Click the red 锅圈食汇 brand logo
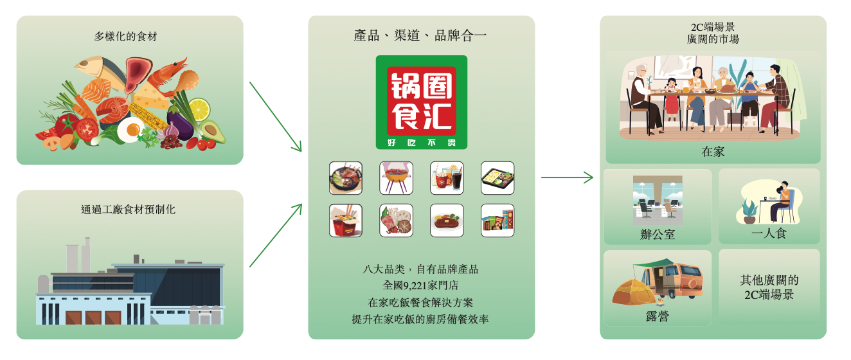coord(421,102)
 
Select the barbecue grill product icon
coord(396,178)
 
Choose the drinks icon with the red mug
coord(447,178)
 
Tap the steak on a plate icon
coord(447,221)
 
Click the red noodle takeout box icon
coord(345,221)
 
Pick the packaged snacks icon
coord(497,221)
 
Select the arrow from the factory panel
coord(275,235)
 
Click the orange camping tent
coord(633,290)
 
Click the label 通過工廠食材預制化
coord(129,210)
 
